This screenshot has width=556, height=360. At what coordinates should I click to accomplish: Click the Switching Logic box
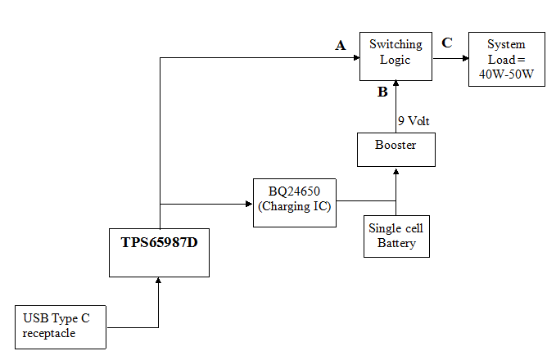click(x=396, y=56)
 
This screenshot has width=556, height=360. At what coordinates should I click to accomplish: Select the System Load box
click(x=506, y=60)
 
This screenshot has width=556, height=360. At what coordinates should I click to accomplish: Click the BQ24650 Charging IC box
click(x=295, y=202)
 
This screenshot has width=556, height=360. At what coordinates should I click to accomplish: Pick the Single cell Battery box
click(x=396, y=236)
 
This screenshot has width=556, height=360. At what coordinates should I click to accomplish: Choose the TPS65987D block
click(x=160, y=252)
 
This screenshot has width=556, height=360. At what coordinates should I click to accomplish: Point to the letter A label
click(x=341, y=46)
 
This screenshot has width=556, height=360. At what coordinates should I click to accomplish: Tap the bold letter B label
click(x=382, y=92)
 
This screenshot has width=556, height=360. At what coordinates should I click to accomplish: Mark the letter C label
click(x=446, y=43)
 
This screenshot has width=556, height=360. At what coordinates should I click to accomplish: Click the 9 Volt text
click(x=414, y=121)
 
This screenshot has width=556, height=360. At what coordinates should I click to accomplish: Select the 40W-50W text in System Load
click(x=506, y=74)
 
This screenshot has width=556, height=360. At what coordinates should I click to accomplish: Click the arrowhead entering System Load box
click(x=463, y=58)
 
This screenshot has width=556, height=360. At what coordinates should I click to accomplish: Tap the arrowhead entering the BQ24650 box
click(x=250, y=202)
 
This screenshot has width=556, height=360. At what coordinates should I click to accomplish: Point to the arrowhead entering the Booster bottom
click(x=396, y=171)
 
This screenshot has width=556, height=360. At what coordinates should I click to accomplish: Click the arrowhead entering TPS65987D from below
click(x=160, y=281)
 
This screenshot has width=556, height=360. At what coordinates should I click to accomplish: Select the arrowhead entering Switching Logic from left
click(x=356, y=58)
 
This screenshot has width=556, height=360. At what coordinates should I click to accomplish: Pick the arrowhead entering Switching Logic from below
click(x=396, y=84)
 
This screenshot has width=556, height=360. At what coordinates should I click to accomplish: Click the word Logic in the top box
click(x=396, y=59)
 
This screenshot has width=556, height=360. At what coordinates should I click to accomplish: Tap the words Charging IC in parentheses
click(x=295, y=208)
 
